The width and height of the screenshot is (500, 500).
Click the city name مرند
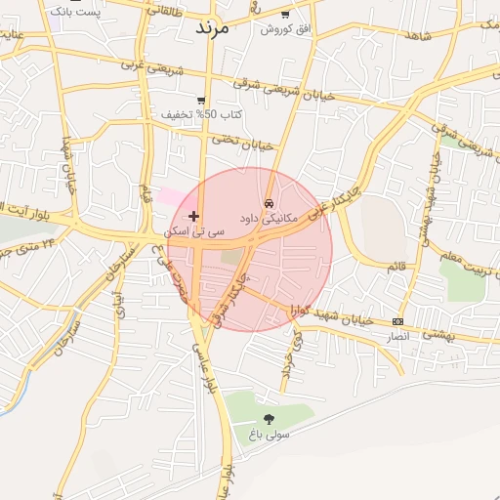[x=212, y=26]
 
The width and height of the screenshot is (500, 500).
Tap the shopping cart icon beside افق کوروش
[x=285, y=14]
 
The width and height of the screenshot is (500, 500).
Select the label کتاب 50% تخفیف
[x=202, y=115]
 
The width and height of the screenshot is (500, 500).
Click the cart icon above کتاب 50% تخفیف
[x=201, y=100]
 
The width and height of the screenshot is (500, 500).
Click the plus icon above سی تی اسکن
[x=193, y=215]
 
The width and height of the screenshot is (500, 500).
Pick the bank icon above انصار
[x=397, y=321]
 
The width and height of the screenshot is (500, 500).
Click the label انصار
[x=397, y=335]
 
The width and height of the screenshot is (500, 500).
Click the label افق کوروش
[x=284, y=29]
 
